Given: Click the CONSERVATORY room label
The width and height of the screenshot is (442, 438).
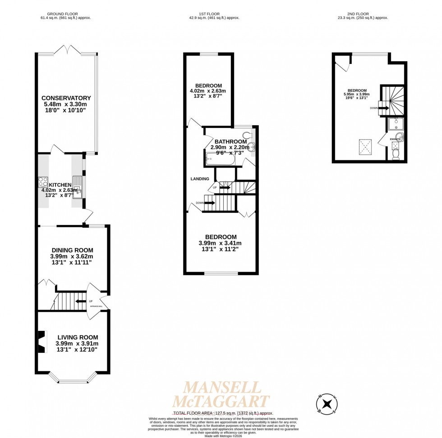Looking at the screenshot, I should [x=66, y=98].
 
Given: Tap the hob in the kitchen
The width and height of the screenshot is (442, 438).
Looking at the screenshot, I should [x=43, y=182].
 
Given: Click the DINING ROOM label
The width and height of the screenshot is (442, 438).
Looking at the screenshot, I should [x=72, y=250].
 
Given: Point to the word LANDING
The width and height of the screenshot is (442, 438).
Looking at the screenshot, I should [x=200, y=179].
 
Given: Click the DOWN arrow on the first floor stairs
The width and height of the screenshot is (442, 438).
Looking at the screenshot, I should [x=209, y=203].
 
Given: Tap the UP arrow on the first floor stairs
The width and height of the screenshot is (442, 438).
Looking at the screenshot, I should [x=224, y=187].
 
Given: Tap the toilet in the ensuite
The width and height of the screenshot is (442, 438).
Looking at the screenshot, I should [x=396, y=154].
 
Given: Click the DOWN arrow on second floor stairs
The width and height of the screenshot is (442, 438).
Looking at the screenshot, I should [x=383, y=108].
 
